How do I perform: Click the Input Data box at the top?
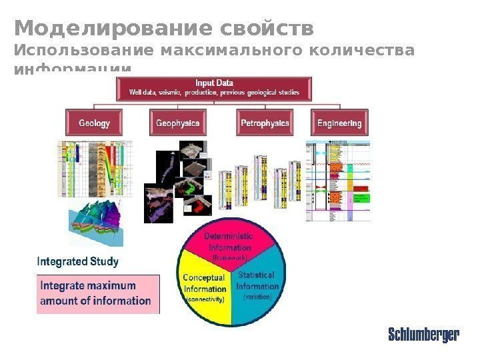click(x=214, y=88)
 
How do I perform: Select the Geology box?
click(x=94, y=123)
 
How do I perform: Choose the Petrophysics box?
click(x=265, y=123)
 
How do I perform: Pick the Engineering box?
click(x=339, y=123)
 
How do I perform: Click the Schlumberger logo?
click(x=423, y=335)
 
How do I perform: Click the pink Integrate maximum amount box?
click(x=97, y=294)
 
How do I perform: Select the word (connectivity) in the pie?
click(x=205, y=299)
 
